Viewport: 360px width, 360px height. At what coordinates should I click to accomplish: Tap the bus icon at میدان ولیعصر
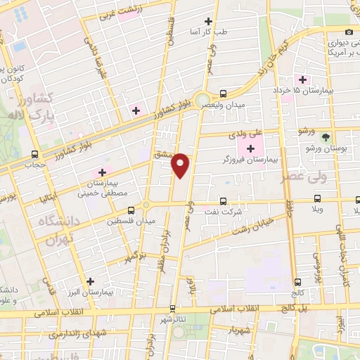pos(223,94)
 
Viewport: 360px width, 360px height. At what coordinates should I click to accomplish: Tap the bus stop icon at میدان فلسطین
pos(131,210)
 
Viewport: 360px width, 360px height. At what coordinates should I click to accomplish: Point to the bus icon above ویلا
pos(317,198)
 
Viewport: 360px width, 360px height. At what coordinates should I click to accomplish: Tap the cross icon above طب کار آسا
pos(207,22)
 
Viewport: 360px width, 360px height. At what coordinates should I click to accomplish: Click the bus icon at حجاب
pos(35,155)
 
